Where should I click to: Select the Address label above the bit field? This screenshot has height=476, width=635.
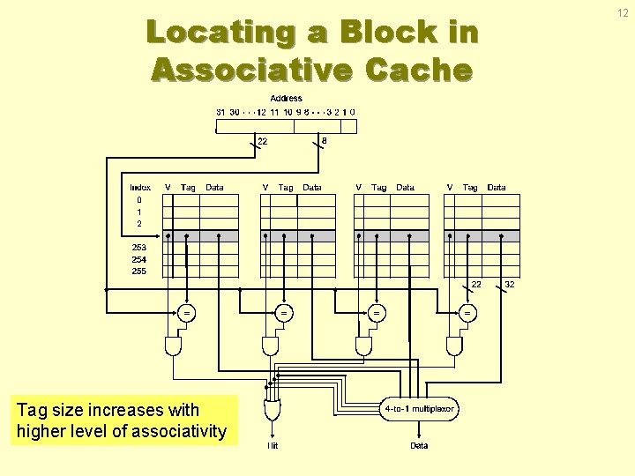tap(287, 99)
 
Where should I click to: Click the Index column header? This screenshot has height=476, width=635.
tap(140, 188)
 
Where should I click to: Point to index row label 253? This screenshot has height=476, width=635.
tap(139, 248)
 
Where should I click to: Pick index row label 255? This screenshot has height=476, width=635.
tap(139, 271)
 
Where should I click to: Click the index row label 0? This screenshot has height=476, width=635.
tap(138, 200)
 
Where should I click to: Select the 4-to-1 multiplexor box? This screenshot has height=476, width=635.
tap(419, 409)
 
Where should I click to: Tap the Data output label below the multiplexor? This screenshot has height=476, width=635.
tap(419, 446)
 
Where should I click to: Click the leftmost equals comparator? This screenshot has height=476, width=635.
tap(186, 312)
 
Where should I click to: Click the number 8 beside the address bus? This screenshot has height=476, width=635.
tap(325, 140)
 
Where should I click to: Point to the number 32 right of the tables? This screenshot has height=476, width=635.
tap(510, 285)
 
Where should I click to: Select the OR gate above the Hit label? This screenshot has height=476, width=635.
tap(273, 410)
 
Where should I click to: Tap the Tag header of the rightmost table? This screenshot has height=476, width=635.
tap(470, 188)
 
